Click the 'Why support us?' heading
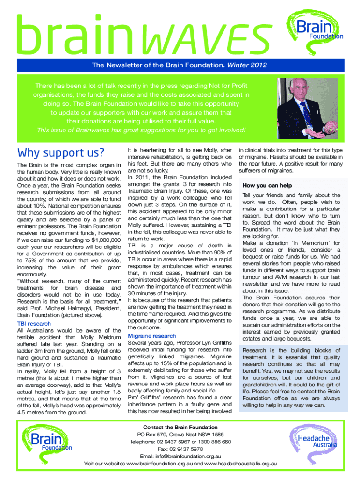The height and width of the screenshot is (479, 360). (x=60, y=152)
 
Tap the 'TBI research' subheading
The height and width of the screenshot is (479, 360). (x=34, y=323)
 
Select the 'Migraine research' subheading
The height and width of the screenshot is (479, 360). (x=152, y=336)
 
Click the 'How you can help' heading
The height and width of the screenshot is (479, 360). (x=267, y=185)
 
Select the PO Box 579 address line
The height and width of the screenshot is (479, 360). (x=180, y=434)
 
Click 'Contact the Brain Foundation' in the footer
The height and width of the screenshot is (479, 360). (x=180, y=427)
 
